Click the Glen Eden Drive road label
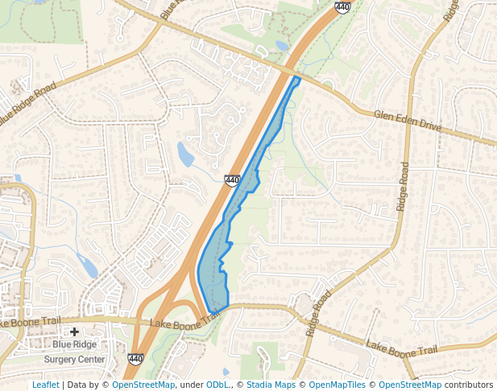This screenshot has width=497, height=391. [x=408, y=121]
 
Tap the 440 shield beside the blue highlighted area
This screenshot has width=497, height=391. [x=232, y=180]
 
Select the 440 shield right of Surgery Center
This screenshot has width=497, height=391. [x=135, y=360]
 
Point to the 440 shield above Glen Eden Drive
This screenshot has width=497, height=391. [x=342, y=6]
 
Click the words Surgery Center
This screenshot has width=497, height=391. [x=74, y=359]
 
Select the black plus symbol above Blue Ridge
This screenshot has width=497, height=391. [x=74, y=331]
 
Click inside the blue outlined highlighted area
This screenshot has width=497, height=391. [x=242, y=201]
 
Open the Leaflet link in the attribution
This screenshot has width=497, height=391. [x=45, y=385]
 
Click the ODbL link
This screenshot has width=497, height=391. [x=218, y=385]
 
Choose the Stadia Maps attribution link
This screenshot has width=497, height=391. [x=271, y=385]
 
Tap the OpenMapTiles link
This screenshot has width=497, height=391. [x=337, y=385]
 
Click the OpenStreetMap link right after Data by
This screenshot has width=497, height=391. [x=143, y=385]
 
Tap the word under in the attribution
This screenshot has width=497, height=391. [x=191, y=385]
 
